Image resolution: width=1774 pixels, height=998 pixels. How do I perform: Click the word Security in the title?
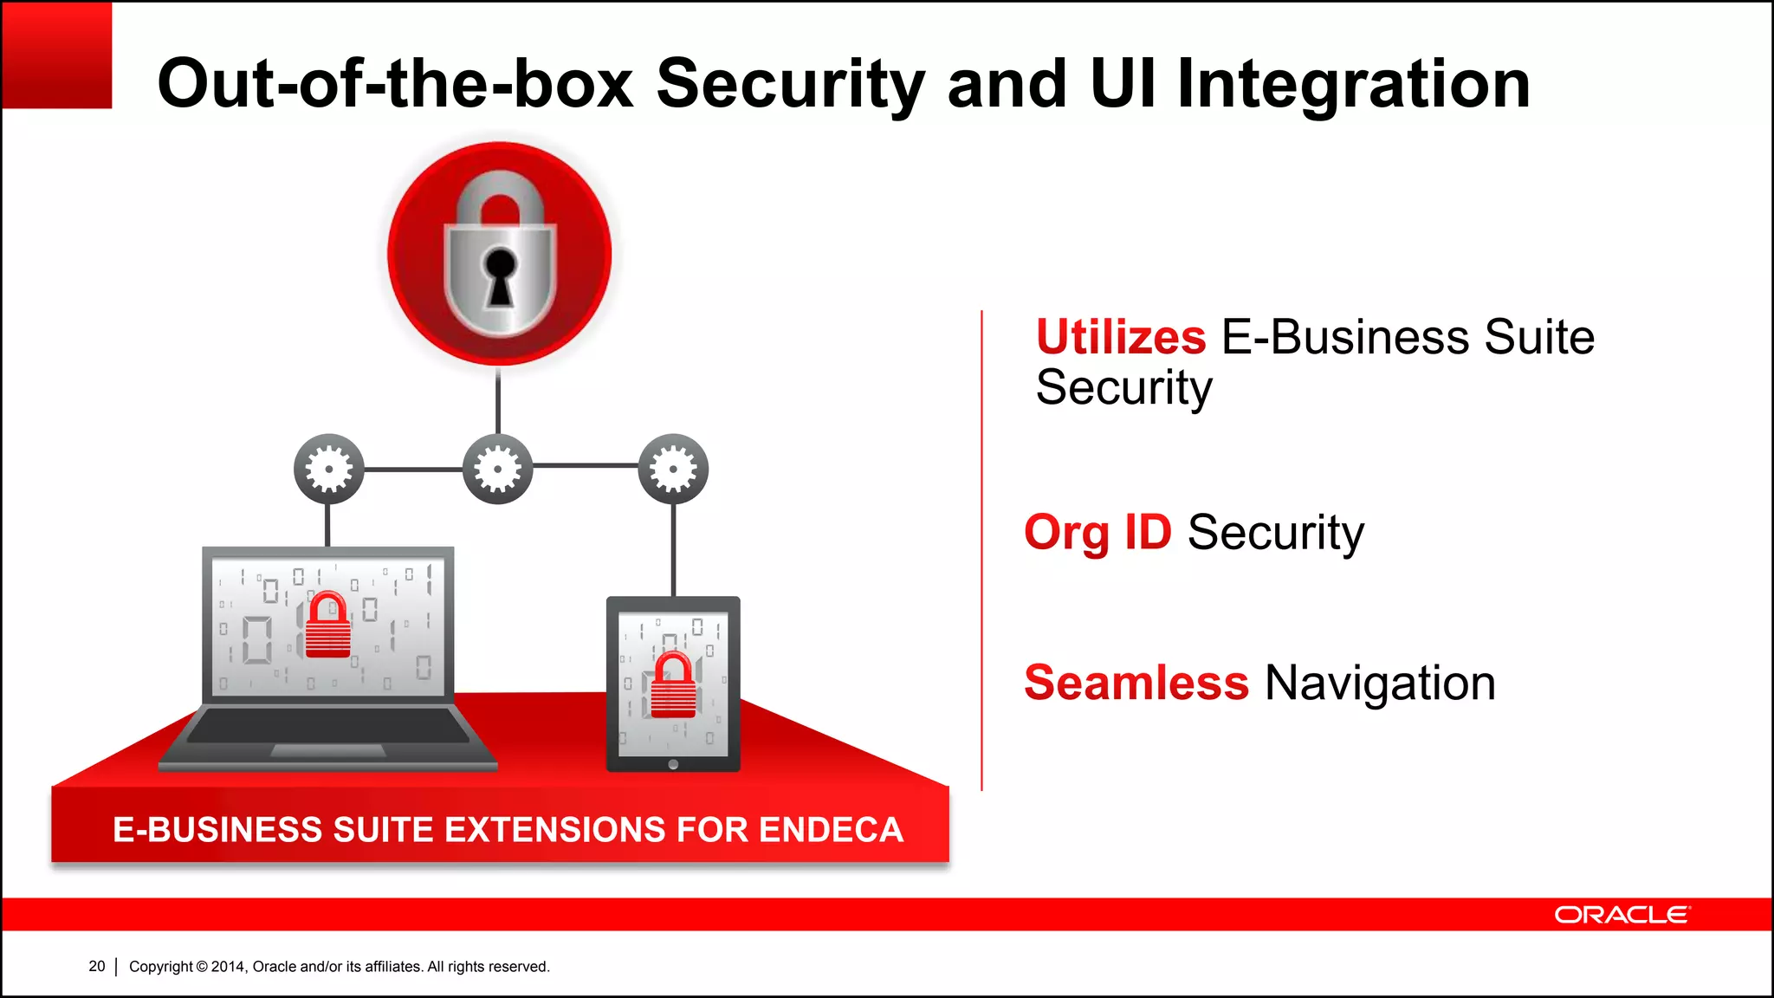pos(791,85)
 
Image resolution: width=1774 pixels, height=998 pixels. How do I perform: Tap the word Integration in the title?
pos(1353,85)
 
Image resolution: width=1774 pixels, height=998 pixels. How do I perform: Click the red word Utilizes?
pos(1121,337)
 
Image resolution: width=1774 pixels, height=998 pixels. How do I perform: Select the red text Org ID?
pos(1097,532)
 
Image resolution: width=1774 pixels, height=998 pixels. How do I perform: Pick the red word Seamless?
pos(1136,683)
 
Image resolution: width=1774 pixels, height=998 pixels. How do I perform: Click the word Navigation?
pos(1380,683)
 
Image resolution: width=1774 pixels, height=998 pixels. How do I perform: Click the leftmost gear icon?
pos(328,469)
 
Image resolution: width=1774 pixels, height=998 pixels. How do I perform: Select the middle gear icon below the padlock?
pos(497,469)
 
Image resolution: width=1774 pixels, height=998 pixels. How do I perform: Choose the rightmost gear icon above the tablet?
pos(673,469)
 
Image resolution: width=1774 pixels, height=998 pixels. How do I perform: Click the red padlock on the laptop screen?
pos(328,626)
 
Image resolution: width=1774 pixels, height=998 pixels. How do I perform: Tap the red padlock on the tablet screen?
pos(673,686)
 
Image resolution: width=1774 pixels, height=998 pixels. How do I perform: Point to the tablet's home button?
pos(673,764)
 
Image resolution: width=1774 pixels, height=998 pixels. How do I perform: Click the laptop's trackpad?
pos(327,750)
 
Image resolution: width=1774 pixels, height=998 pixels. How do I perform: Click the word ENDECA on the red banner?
pos(831,830)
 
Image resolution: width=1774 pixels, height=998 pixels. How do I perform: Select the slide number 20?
pos(96,966)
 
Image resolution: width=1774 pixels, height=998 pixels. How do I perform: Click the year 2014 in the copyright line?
pos(228,967)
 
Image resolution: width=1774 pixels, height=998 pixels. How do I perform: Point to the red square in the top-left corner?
pos(56,55)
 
